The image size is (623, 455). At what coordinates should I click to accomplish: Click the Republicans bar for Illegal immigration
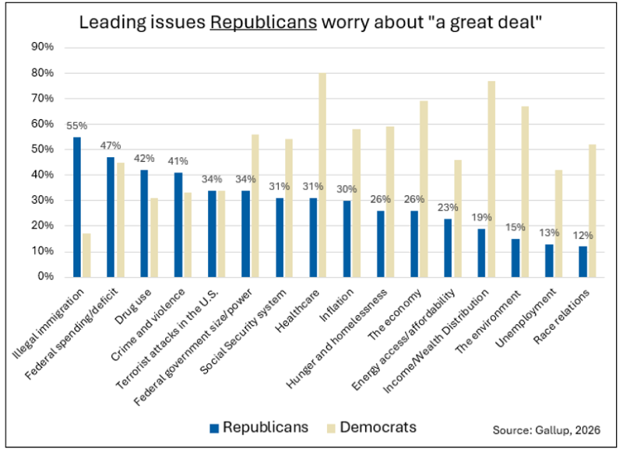click(77, 207)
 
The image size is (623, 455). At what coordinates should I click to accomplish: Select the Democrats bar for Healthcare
click(322, 175)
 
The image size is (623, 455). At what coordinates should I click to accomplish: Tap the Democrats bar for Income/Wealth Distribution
click(491, 179)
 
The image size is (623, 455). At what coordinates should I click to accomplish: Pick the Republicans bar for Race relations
click(583, 261)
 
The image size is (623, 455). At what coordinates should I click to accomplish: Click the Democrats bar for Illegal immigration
click(86, 255)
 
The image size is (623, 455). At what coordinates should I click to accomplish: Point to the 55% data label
click(76, 126)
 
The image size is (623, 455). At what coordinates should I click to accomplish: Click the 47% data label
click(111, 146)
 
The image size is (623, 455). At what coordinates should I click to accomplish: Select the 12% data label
click(583, 236)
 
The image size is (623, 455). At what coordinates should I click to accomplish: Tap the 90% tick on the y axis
click(42, 47)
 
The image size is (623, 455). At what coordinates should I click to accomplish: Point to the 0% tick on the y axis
click(45, 277)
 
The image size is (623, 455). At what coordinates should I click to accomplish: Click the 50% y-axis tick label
click(42, 149)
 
